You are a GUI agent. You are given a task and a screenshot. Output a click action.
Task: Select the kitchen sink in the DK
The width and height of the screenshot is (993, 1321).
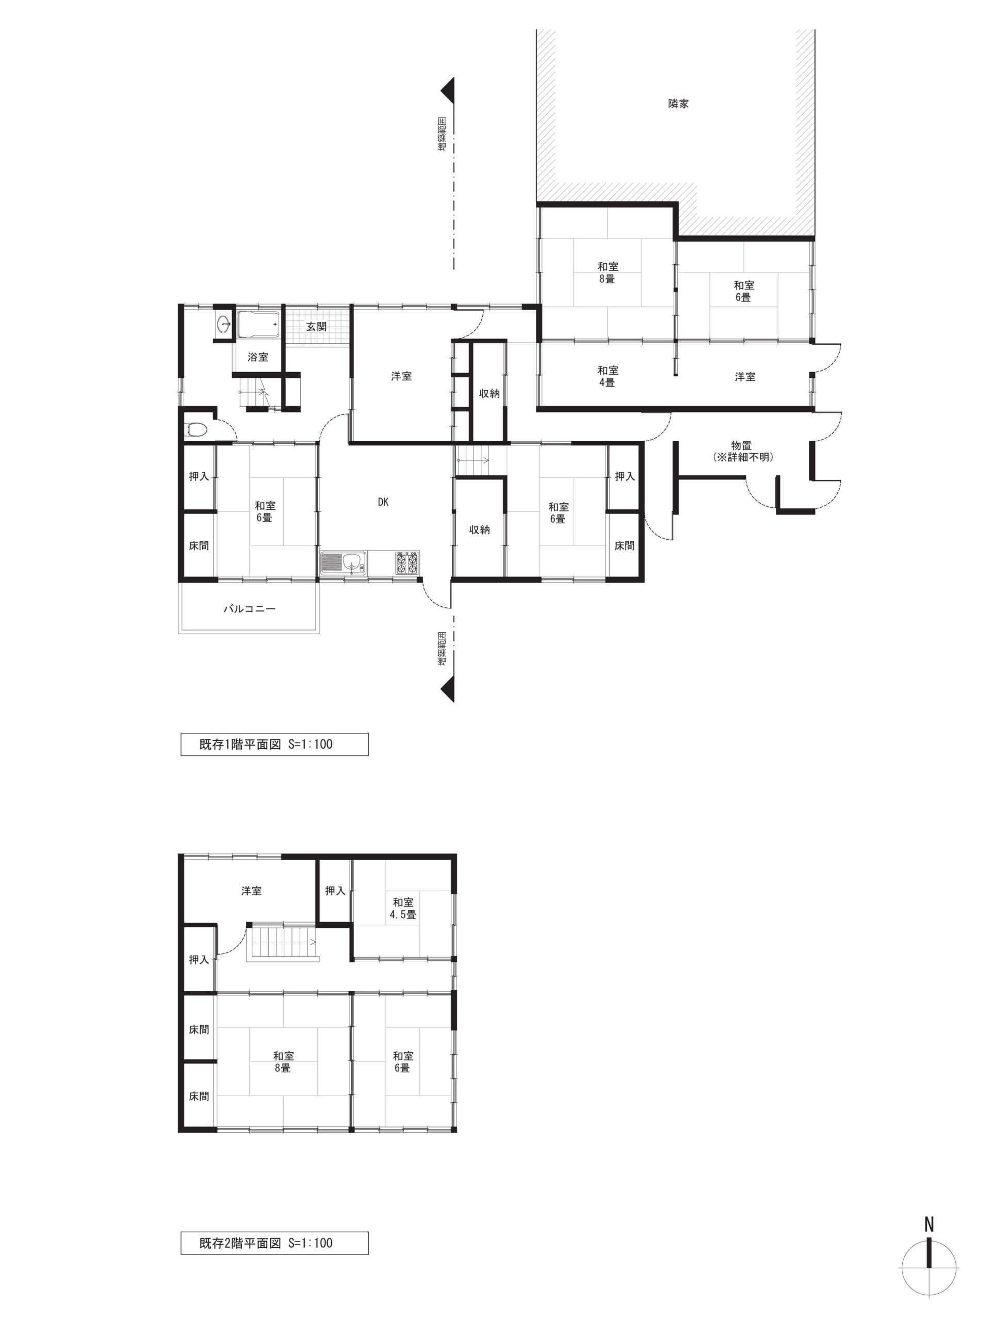point(345,562)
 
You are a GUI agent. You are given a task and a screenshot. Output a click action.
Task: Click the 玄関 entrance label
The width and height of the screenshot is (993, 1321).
point(316,327)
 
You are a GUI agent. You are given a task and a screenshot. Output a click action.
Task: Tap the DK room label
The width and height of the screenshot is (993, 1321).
point(383,502)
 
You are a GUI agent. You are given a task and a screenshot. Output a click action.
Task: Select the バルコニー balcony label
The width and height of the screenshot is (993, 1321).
point(250,609)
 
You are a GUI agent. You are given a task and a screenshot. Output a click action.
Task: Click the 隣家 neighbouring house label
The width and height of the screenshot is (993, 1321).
point(678,103)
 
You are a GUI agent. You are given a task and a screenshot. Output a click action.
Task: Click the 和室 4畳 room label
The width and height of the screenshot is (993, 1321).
point(607,376)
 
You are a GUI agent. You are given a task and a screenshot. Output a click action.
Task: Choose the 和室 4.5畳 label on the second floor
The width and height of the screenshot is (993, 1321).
point(403,908)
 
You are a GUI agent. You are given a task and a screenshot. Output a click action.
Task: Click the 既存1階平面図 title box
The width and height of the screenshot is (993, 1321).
point(274,744)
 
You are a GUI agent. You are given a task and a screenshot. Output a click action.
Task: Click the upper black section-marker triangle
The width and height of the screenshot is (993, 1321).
point(448,90)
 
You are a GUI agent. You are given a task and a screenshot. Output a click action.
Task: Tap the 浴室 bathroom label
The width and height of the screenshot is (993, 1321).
point(258,357)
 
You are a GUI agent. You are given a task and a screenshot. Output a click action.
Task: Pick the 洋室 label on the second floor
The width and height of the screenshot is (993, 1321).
point(251,891)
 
